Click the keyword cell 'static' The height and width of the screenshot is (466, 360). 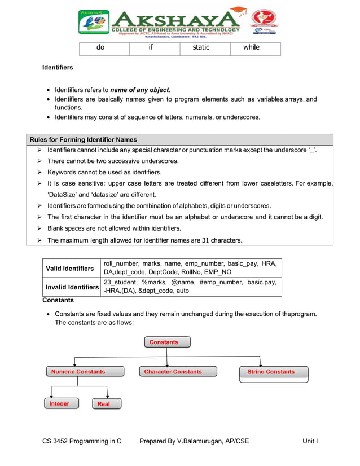201,47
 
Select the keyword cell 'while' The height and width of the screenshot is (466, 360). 251,47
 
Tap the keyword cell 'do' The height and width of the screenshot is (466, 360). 100,47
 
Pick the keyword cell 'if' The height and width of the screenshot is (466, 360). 151,47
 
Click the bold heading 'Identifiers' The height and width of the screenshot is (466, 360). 58,68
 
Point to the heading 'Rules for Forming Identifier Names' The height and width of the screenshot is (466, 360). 83,139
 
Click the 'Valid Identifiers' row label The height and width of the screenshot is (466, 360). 70,269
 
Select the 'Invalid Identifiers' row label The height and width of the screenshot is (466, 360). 72,287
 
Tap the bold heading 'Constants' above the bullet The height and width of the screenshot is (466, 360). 59,301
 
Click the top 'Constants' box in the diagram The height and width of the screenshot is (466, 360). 167,342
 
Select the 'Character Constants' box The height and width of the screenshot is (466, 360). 173,371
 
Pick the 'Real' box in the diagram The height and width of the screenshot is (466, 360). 104,403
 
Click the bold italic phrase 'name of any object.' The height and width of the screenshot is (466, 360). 140,90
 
